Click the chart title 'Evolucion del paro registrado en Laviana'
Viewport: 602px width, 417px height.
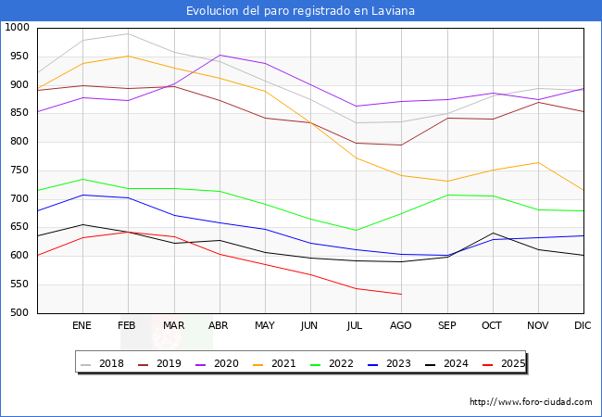click(x=300, y=11)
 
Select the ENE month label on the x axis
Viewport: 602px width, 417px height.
click(x=82, y=326)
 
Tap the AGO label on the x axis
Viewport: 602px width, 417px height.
click(x=401, y=326)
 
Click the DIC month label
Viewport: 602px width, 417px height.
click(x=583, y=326)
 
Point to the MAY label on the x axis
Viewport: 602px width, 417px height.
click(x=265, y=326)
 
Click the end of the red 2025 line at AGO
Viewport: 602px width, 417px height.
click(x=401, y=294)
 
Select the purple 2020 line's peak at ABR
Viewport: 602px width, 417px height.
click(x=219, y=55)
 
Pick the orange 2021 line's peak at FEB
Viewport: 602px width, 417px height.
click(x=128, y=56)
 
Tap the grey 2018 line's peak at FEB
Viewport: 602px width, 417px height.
click(x=128, y=33)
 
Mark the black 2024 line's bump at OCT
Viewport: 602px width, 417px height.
click(x=493, y=233)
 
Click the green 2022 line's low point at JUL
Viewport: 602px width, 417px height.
click(x=356, y=230)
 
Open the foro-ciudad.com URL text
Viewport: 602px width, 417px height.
click(x=531, y=402)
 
